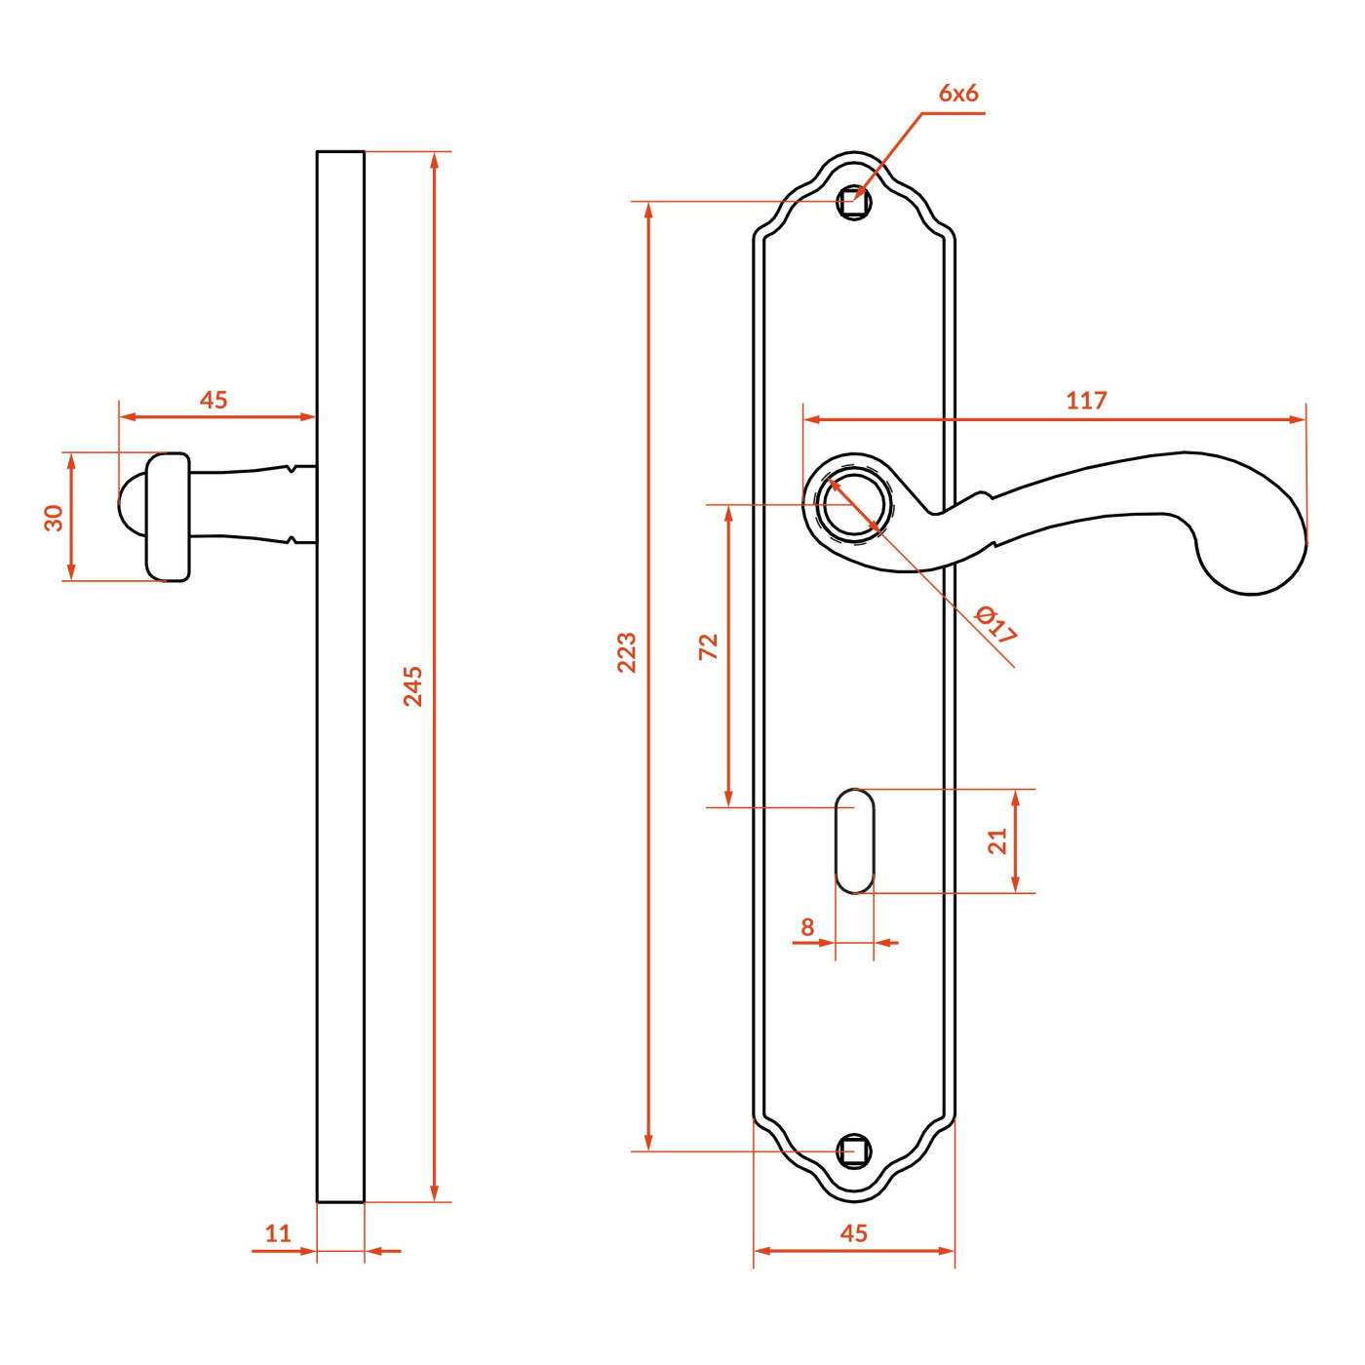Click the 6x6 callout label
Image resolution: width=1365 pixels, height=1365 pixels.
coord(957,94)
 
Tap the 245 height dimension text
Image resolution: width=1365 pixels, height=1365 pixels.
coord(413,686)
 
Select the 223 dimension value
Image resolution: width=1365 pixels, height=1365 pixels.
coord(627,652)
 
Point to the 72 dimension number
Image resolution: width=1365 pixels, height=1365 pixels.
coord(709,646)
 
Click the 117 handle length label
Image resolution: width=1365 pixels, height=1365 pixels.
coord(1086,401)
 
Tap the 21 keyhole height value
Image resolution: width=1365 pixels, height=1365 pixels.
coord(996,840)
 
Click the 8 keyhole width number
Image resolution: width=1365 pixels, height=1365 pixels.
coord(807,926)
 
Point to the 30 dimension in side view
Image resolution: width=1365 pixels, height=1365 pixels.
coord(54,518)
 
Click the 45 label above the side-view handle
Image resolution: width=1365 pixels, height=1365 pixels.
coord(214,400)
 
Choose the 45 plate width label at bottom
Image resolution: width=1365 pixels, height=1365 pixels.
coord(853,1233)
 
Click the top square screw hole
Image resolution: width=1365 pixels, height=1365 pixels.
coord(853,203)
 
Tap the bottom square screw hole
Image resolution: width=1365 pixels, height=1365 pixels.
coord(853,1152)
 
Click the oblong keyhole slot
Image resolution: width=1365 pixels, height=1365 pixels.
coord(854,841)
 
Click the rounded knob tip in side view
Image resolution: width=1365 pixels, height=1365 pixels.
coord(132,504)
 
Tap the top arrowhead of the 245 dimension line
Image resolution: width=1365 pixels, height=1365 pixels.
coord(434,161)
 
